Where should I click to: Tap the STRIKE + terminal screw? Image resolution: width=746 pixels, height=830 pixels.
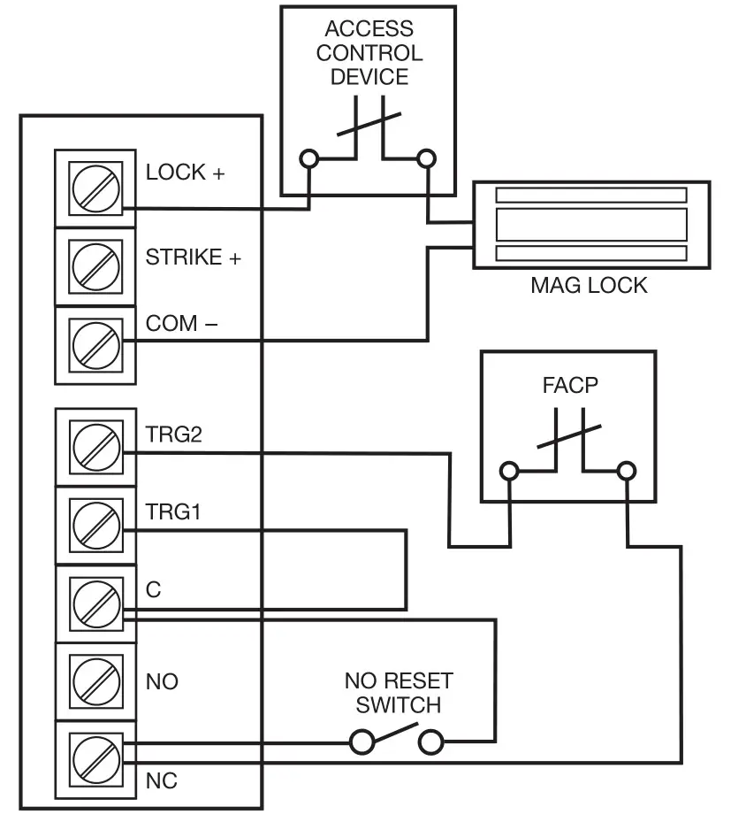(x=95, y=265)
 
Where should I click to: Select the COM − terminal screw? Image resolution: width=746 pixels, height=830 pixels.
(x=95, y=344)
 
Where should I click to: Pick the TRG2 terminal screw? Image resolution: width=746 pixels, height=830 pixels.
(x=95, y=446)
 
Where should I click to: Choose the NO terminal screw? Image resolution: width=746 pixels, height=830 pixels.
(x=95, y=681)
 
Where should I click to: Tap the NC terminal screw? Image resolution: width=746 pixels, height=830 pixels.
(x=95, y=760)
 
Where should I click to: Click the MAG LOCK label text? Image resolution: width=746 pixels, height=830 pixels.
(x=589, y=286)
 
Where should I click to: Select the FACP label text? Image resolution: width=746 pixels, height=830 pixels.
(x=570, y=387)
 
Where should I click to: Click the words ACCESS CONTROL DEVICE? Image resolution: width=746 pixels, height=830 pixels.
(x=369, y=53)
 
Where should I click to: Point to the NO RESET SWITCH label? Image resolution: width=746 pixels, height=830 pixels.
(x=398, y=693)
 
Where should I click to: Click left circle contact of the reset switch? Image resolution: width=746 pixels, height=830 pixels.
(x=362, y=742)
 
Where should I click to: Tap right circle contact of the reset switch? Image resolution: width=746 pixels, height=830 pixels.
(x=430, y=742)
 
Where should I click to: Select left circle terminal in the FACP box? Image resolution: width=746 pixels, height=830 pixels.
(x=508, y=470)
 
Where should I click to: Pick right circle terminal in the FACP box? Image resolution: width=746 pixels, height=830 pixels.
(x=626, y=470)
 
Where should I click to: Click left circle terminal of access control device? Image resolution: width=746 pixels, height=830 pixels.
(x=308, y=158)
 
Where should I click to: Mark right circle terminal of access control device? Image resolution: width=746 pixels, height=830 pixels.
(x=426, y=158)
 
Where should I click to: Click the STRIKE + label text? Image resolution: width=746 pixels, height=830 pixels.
(x=193, y=257)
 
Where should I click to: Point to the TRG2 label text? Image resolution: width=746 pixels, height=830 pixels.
(x=174, y=434)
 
